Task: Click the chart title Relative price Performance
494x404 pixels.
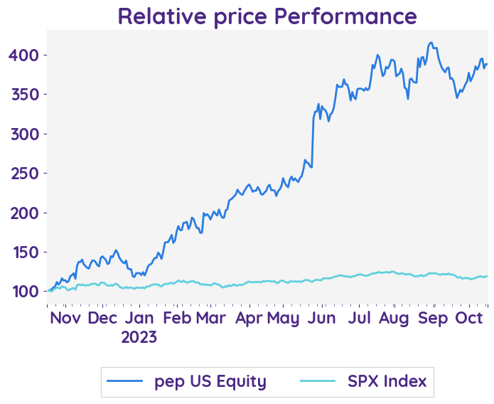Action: pos(267,15)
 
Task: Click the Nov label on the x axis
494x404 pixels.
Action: pos(66,318)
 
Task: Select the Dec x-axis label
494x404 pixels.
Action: pos(102,318)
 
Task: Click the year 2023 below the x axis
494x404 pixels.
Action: pos(139,336)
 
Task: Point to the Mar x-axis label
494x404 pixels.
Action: pos(210,318)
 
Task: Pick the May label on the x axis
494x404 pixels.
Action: pos(284,318)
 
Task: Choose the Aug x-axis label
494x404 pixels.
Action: pos(395,318)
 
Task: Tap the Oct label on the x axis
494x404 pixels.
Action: pos(469,318)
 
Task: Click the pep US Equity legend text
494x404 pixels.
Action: pos(210,382)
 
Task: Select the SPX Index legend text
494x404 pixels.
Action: pos(387,382)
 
